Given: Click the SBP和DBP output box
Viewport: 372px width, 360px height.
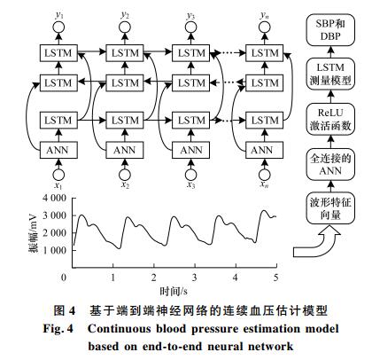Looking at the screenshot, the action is pyautogui.click(x=330, y=30).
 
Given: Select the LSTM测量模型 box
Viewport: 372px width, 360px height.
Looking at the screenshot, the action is pyautogui.click(x=330, y=74).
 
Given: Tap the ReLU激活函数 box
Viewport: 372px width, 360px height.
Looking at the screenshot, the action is pyautogui.click(x=330, y=119).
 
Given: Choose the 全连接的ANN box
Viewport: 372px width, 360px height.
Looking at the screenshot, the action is pyautogui.click(x=330, y=164).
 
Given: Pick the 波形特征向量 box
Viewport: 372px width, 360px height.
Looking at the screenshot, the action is pyautogui.click(x=330, y=208).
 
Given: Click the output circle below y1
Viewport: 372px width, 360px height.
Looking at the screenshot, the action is pyautogui.click(x=58, y=27).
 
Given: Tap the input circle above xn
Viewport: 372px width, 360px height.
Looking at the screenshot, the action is pyautogui.click(x=264, y=175).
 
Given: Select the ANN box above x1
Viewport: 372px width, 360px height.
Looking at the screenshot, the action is pyautogui.click(x=58, y=150).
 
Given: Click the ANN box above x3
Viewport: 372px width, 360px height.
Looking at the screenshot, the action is pyautogui.click(x=191, y=150).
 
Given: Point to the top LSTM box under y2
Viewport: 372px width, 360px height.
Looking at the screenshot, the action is pyautogui.click(x=125, y=53).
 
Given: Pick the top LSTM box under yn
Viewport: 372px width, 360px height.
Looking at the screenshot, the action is pyautogui.click(x=264, y=53).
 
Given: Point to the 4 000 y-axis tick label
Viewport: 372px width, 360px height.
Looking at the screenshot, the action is pyautogui.click(x=55, y=198).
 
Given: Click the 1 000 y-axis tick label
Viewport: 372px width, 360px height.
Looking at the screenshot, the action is pyautogui.click(x=55, y=250).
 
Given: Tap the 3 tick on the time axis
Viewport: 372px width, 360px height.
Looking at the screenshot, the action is pyautogui.click(x=195, y=278).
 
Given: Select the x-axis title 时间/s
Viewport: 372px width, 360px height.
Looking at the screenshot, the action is pyautogui.click(x=174, y=292).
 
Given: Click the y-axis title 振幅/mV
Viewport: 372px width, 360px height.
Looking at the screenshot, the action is pyautogui.click(x=33, y=233).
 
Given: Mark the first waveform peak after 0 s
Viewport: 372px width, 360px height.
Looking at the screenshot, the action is pyautogui.click(x=82, y=215).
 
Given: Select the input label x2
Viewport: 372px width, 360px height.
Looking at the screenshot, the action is pyautogui.click(x=125, y=185).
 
